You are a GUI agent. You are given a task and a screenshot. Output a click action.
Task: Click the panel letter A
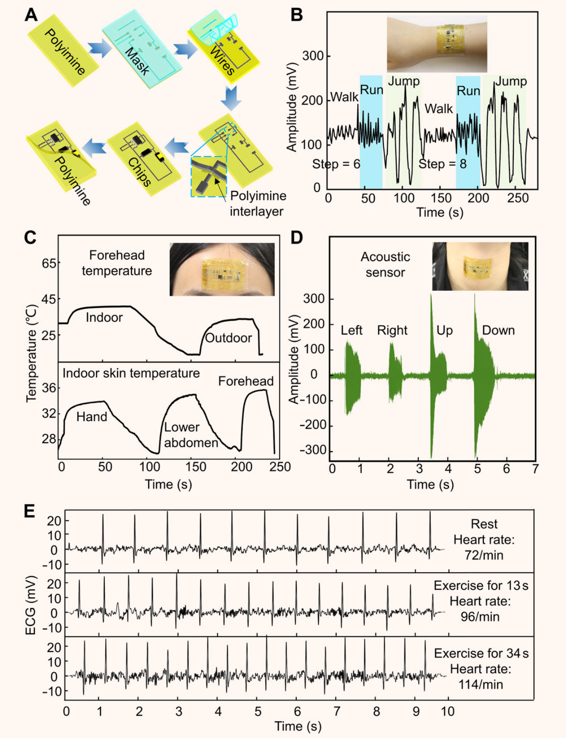pos(31,15)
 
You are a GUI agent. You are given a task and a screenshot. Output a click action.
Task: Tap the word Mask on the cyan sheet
pos(137,61)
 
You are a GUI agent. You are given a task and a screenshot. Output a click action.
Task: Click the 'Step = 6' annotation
pos(336,164)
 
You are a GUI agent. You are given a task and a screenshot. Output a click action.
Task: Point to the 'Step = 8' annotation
pos(443,164)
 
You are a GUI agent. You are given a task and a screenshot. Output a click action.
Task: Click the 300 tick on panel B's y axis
pos(313,56)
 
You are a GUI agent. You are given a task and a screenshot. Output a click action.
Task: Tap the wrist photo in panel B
pos(437,43)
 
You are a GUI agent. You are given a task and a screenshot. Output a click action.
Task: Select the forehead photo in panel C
pos(222,269)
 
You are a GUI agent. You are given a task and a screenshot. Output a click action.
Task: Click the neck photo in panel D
pos(480,266)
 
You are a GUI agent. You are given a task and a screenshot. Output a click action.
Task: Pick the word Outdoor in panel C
pos(229,338)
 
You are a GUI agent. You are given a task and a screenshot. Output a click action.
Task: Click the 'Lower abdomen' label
pos(191,435)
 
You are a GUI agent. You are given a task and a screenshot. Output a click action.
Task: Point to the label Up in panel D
pos(444,331)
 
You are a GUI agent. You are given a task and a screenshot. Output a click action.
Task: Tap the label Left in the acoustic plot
pos(352,330)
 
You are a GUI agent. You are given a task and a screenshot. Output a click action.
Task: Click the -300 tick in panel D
pos(313,450)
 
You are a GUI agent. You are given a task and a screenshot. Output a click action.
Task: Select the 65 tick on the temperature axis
pos(49,263)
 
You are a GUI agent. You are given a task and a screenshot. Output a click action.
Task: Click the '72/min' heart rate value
pos(484,555)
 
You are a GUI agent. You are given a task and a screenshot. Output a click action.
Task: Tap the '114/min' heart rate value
pos(481,685)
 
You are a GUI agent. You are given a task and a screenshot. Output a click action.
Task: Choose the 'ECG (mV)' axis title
pos(31,605)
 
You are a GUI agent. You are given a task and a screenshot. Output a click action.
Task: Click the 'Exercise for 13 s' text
pos(481,586)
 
